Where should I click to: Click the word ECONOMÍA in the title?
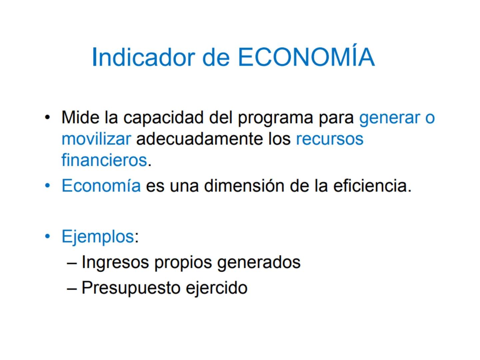click(306, 57)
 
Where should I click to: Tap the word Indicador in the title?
click(143, 57)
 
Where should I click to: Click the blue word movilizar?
click(96, 139)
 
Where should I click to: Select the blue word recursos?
click(329, 139)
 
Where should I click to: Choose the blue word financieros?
click(104, 160)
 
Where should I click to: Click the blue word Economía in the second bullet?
click(101, 186)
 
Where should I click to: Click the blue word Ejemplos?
click(98, 237)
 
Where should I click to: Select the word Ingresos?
click(115, 262)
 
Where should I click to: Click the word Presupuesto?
click(131, 288)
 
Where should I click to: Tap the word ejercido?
click(216, 288)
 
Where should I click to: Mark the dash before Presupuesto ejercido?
click(72, 288)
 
